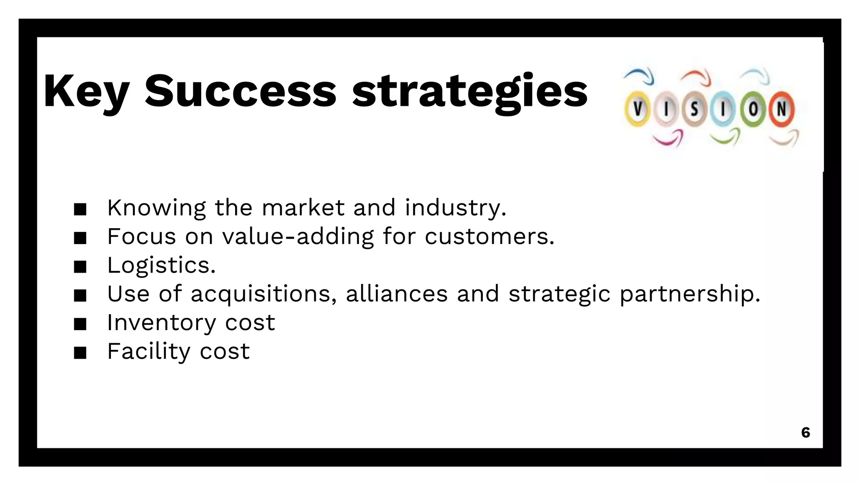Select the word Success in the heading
pos(241,92)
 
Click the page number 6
pos(805,432)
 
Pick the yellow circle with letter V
pos(637,109)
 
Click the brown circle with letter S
pos(695,110)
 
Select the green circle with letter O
pos(753,110)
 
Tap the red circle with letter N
pos(781,109)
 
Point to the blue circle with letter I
pos(723,110)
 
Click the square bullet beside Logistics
pos(80,267)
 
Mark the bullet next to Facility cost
pos(80,353)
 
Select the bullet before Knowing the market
pos(80,209)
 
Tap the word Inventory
pos(161,323)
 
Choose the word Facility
pos(149,351)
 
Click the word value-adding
pos(298,237)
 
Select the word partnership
pos(690,294)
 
